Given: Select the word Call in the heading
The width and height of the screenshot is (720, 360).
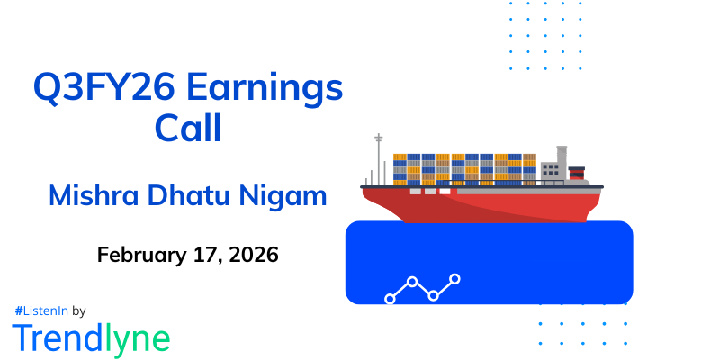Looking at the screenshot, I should tap(188, 129).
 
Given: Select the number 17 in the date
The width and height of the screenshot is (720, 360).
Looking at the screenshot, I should tap(200, 254).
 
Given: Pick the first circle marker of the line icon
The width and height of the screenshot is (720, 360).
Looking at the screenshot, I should tap(390, 298).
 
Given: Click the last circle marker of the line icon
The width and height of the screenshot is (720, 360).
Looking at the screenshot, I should tap(454, 279).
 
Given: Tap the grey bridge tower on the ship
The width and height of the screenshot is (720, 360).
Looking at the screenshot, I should tap(551, 169).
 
